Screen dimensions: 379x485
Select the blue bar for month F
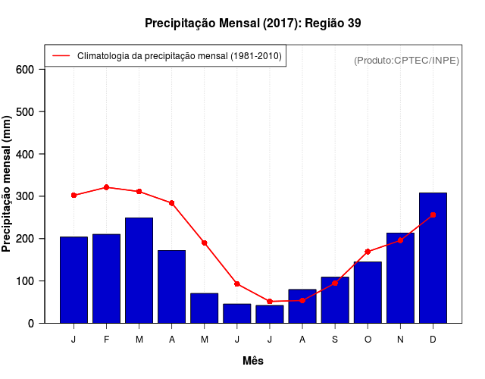(106, 278)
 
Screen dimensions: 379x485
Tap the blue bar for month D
(433, 258)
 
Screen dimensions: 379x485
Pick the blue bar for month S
(335, 299)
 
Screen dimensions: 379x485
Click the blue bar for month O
(368, 292)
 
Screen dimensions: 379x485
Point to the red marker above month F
(106, 187)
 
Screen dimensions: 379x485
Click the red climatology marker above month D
(433, 215)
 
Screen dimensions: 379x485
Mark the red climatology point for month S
(335, 283)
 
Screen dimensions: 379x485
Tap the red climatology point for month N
(400, 240)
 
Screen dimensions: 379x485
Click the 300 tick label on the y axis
(26, 196)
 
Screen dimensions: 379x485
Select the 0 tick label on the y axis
(31, 324)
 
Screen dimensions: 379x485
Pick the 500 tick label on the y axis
(26, 112)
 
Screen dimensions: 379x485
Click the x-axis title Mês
(252, 361)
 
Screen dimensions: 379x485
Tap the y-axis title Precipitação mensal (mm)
(8, 184)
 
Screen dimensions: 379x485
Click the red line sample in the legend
(61, 56)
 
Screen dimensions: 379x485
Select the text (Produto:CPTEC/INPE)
(406, 60)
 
